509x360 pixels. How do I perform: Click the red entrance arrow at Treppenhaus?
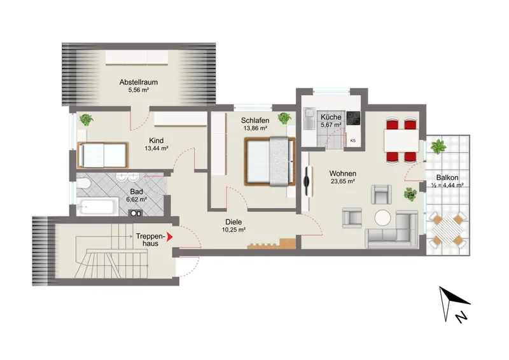[x=169, y=237]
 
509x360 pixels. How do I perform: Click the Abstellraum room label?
[x=139, y=82]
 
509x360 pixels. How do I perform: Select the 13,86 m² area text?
[x=255, y=128]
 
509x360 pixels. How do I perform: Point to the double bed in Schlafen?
[x=270, y=162]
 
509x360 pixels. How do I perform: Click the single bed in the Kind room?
[x=103, y=155]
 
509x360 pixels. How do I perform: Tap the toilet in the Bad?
[x=83, y=184]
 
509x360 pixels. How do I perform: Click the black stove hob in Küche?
[x=353, y=118]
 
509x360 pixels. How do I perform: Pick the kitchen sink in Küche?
[x=309, y=118]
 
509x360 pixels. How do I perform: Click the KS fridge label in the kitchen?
[x=353, y=141]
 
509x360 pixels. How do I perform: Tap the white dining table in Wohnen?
[x=401, y=140]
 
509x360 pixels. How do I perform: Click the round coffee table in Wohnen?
[x=383, y=218]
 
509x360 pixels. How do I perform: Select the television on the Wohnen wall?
[x=307, y=181]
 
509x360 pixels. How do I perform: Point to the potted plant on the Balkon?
[x=438, y=146]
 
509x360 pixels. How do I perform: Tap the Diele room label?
[x=234, y=222]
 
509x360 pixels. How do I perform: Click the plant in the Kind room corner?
[x=87, y=120]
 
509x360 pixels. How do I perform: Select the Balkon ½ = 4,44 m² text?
[x=447, y=181]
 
